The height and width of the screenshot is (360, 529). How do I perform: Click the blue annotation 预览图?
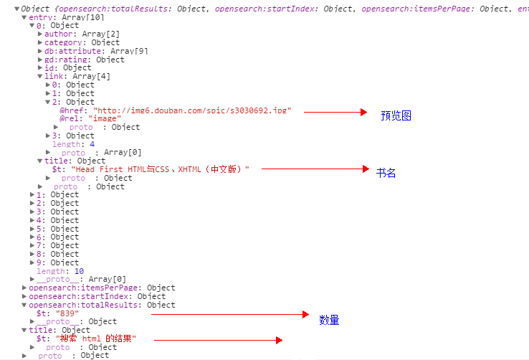pyautogui.click(x=396, y=115)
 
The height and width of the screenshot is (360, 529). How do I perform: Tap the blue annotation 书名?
pyautogui.click(x=386, y=173)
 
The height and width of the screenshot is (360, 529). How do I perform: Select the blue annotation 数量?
pyautogui.click(x=329, y=321)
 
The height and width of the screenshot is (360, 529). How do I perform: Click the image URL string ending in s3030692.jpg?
pyautogui.click(x=194, y=110)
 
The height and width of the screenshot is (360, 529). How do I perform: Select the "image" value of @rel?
pyautogui.click(x=105, y=118)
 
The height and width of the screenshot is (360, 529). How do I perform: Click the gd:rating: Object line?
pyautogui.click(x=84, y=60)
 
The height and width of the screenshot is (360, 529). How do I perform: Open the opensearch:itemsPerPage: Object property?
pyautogui.click(x=101, y=288)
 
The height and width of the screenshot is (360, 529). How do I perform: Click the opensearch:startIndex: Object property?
pyautogui.click(x=97, y=296)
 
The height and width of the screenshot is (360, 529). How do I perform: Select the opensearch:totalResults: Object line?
pyautogui.click(x=101, y=305)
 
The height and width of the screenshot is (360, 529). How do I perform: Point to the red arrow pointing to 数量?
pyautogui.click(x=228, y=314)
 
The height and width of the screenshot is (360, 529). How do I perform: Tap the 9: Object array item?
pyautogui.click(x=57, y=262)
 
